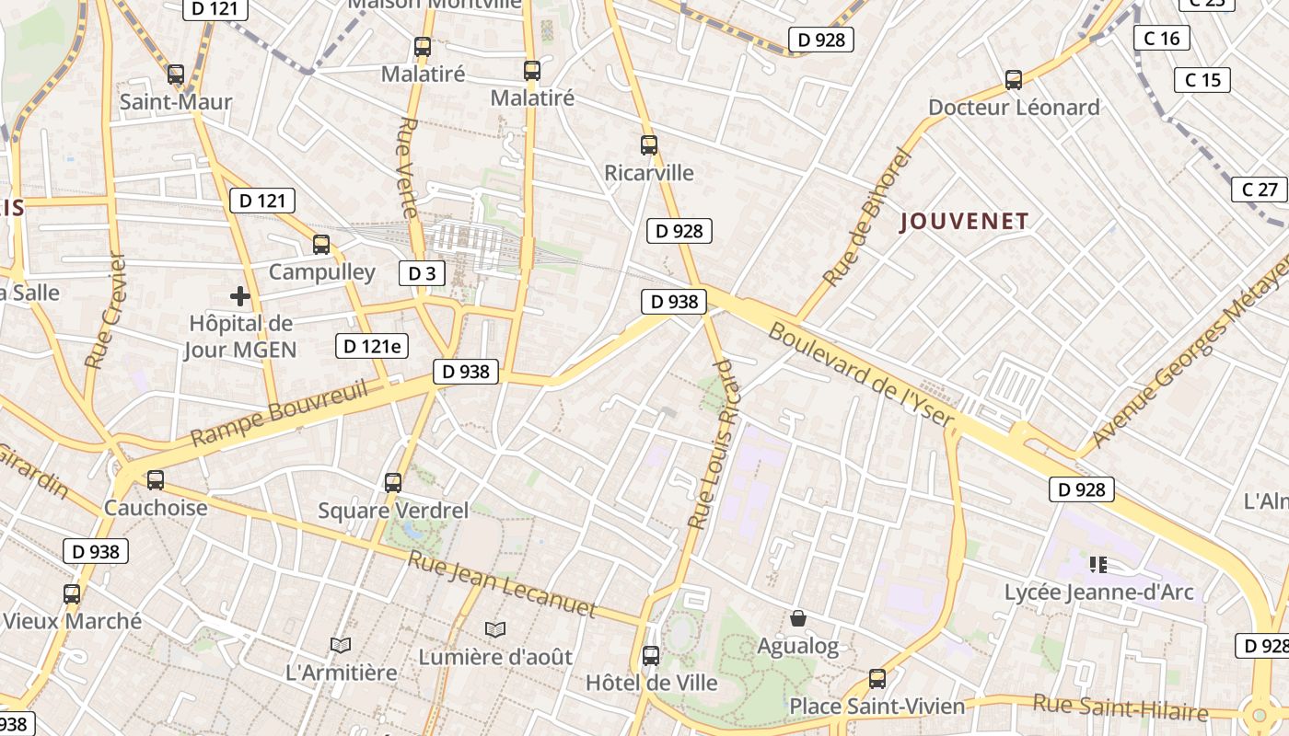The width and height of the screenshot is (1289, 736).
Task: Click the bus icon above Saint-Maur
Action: click(176, 75)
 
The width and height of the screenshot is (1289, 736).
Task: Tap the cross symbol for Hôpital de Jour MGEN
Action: click(240, 296)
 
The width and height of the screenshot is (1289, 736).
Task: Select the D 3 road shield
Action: click(421, 273)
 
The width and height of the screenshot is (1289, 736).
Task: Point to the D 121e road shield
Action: click(371, 346)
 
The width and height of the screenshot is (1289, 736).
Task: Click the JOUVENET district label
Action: click(964, 222)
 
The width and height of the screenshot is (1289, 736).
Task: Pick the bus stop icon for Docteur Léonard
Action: click(1014, 80)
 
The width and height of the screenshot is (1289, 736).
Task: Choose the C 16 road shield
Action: click(1162, 39)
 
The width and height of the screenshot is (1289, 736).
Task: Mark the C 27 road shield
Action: click(1260, 190)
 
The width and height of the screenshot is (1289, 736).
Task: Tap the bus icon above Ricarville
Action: click(649, 145)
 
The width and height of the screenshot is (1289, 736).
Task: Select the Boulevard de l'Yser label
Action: click(860, 375)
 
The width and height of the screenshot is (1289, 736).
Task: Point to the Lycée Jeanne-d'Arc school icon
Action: click(1097, 564)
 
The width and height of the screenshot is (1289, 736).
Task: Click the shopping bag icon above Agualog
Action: click(798, 618)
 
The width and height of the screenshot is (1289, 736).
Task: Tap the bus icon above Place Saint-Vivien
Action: click(877, 679)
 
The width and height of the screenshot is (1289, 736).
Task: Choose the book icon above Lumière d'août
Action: click(495, 629)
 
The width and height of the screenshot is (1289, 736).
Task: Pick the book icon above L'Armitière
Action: click(341, 645)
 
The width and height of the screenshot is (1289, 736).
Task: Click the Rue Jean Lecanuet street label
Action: click(503, 584)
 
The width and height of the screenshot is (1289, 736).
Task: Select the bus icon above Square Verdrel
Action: click(393, 482)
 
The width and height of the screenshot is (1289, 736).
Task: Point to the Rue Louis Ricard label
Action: click(714, 445)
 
